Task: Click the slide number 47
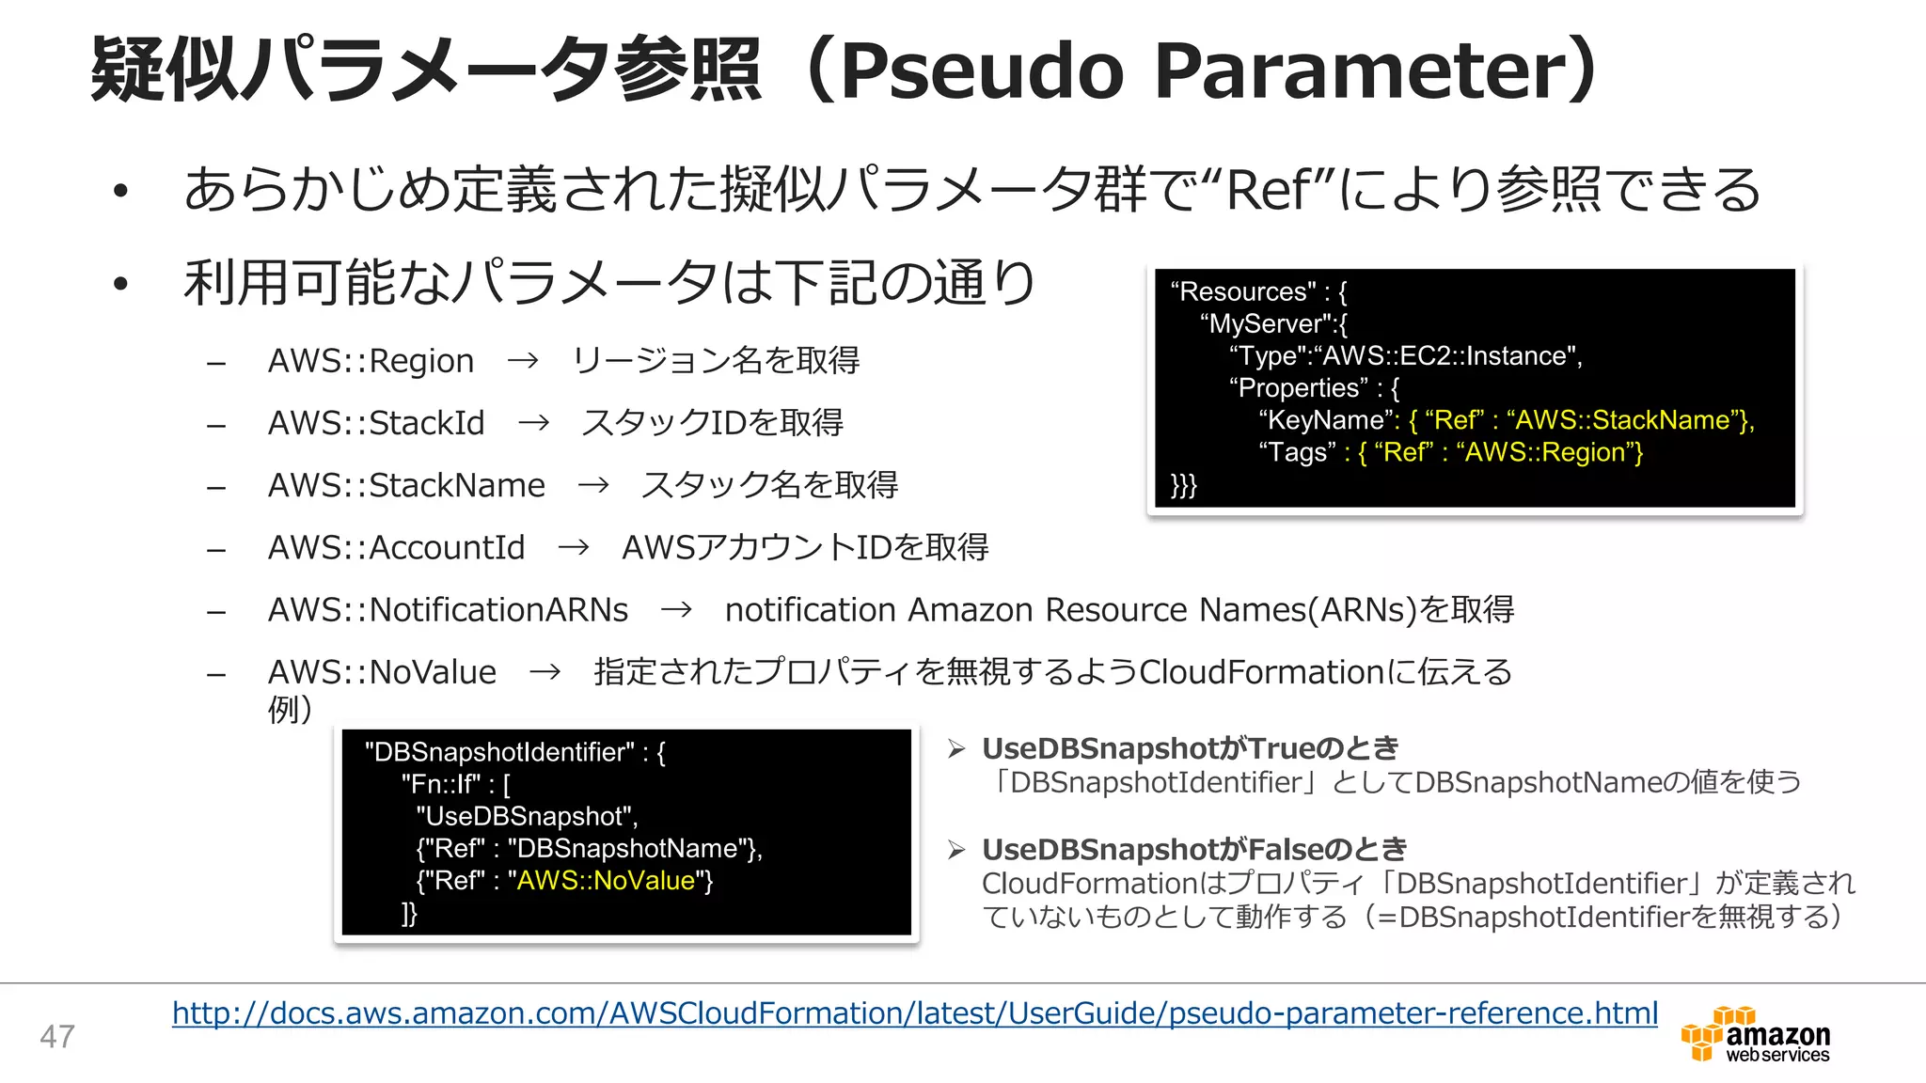tap(57, 1036)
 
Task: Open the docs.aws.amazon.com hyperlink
tap(914, 1013)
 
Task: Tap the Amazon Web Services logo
tap(1755, 1035)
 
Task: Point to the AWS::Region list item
tap(371, 361)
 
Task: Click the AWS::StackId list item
tap(376, 423)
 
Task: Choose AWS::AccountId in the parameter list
tap(396, 547)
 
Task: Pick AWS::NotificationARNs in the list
tap(448, 610)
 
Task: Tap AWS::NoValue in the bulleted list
tap(382, 672)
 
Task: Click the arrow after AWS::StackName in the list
tap(593, 486)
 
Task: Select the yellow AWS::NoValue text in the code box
tap(606, 881)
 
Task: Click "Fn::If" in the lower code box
tap(441, 784)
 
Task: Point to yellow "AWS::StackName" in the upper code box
tap(1622, 420)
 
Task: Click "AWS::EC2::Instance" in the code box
tap(1446, 356)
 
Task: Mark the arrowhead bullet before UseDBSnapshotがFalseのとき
tap(957, 850)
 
